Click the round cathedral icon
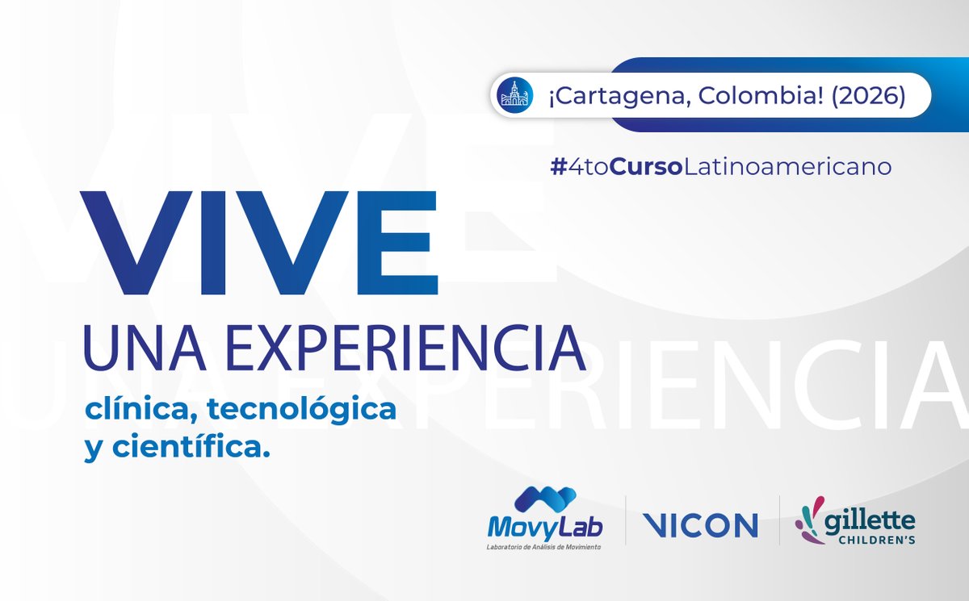point(514,95)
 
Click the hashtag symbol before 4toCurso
point(556,167)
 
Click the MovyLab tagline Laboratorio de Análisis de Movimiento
point(545,546)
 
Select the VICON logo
point(701,525)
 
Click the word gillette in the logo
point(868,518)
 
